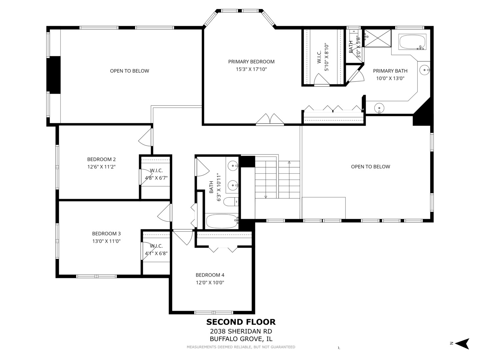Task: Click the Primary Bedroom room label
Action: (251, 62)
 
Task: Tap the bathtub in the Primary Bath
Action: (412, 42)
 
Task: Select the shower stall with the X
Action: (377, 38)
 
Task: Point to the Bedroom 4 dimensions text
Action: (210, 283)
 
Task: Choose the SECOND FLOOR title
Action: (241, 322)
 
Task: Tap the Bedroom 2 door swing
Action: (145, 137)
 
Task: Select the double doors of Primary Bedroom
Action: (270, 119)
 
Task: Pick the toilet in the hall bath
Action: (231, 202)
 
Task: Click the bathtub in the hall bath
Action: (222, 221)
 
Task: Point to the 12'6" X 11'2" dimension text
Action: (101, 167)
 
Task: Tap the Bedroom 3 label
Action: (106, 234)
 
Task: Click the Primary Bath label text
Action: (390, 71)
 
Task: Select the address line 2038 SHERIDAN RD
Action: (241, 331)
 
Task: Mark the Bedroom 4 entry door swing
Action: (183, 237)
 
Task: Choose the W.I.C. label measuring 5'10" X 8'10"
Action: (323, 57)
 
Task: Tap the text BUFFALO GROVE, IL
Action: (241, 339)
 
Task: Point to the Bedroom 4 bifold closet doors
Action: (223, 250)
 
